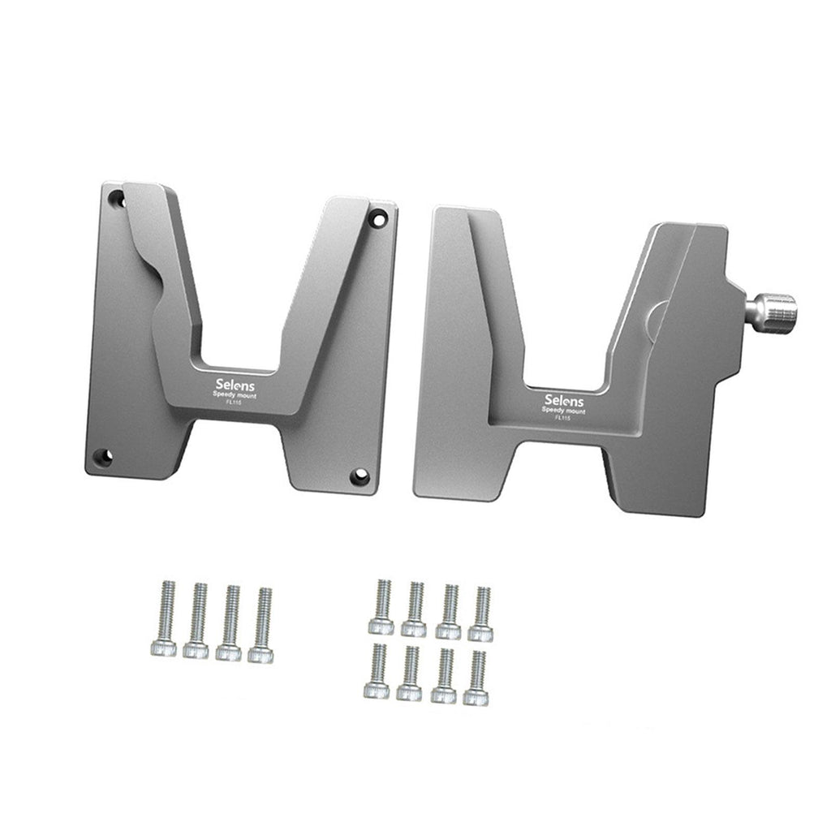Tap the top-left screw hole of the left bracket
click(x=116, y=200)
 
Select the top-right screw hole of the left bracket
click(x=378, y=217)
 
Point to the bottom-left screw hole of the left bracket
click(x=102, y=457)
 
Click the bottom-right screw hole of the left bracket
click(x=360, y=476)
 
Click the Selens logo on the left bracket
click(x=235, y=385)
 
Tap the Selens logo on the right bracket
click(x=564, y=400)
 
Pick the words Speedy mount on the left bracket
click(x=235, y=395)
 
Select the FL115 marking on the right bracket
click(x=562, y=418)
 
